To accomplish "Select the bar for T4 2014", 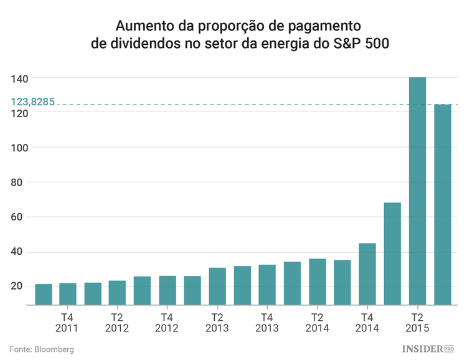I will (x=367, y=274).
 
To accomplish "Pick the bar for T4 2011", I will (x=68, y=294).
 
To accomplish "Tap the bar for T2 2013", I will (x=217, y=287).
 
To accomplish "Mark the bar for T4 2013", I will (x=267, y=285).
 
